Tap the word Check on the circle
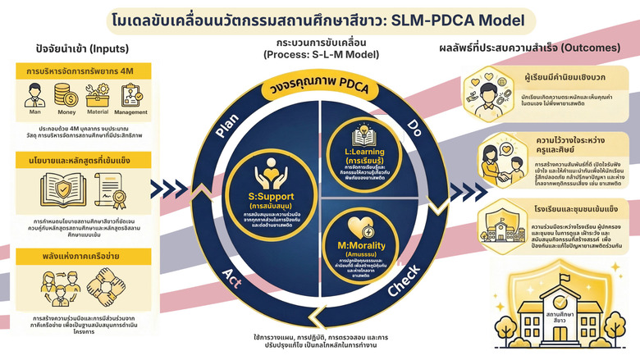(x=403, y=291)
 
